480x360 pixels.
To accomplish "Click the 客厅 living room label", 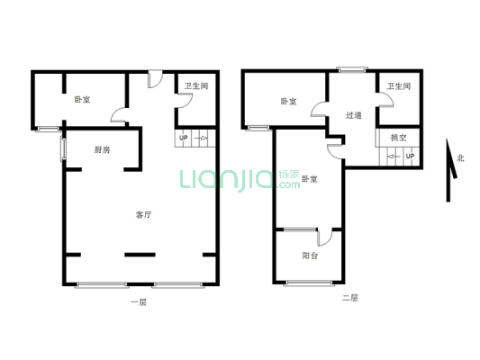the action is [x=143, y=215].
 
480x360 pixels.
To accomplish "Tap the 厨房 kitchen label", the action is [x=102, y=150].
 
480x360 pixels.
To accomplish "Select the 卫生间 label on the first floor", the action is [x=196, y=85].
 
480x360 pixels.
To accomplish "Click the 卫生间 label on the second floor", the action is [x=398, y=86].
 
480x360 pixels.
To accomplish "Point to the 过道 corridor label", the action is [x=354, y=115].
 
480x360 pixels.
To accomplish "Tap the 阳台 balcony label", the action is [x=310, y=256].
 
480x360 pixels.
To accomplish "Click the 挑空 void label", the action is [x=398, y=138].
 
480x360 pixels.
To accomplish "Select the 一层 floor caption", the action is [x=139, y=302].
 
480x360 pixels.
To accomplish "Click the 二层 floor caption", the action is [x=350, y=298].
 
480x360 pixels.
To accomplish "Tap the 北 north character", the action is [x=460, y=158].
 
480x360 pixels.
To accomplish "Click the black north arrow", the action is [x=448, y=170].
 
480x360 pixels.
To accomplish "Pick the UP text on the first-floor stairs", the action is [x=184, y=138].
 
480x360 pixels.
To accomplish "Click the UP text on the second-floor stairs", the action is [x=410, y=157].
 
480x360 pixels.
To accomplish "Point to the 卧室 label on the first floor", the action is [x=82, y=100].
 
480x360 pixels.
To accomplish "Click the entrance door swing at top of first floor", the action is [x=155, y=79].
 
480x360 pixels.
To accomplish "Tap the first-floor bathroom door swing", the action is [x=185, y=100].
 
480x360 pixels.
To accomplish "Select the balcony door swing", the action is [x=325, y=238].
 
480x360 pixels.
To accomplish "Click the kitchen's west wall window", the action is [x=63, y=149].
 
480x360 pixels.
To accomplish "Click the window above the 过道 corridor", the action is [x=352, y=70].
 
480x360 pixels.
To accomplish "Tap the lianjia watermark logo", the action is [x=240, y=179].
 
